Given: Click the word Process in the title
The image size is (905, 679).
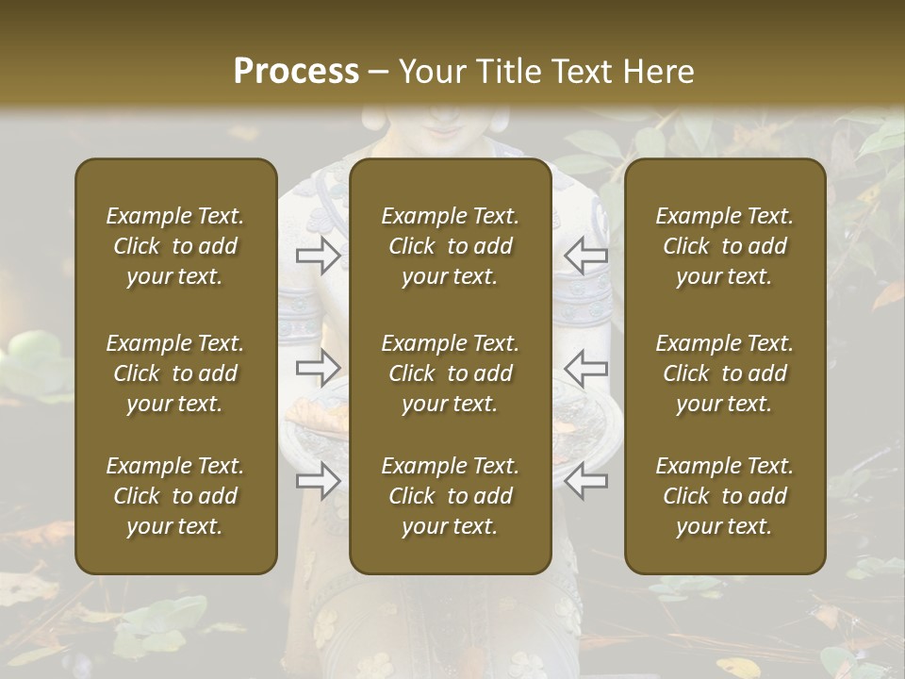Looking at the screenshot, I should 296,72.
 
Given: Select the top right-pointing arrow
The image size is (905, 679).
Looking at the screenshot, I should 319,255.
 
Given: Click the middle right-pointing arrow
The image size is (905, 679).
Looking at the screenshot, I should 319,368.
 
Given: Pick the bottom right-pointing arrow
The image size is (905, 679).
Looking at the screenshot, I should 319,481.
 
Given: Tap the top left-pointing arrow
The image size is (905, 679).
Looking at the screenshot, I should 585,255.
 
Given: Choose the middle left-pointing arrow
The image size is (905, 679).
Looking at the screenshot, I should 585,368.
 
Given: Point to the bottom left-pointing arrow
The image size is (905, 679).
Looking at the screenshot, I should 585,481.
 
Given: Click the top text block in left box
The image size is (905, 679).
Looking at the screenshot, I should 175,246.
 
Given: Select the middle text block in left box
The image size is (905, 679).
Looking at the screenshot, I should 175,373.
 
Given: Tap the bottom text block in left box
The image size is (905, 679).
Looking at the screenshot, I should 175,496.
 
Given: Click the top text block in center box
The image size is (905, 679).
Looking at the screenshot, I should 450,246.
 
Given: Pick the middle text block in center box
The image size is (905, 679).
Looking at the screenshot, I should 450,373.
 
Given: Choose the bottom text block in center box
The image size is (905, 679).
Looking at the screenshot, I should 450,496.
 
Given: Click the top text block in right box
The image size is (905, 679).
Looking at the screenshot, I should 724,246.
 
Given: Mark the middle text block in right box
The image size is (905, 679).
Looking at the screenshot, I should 724,373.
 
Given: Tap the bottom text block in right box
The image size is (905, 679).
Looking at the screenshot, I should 724,496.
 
